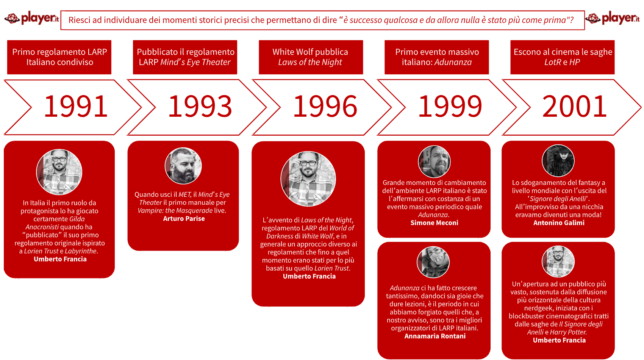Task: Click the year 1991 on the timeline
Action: tap(76, 106)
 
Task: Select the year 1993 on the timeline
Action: tap(200, 106)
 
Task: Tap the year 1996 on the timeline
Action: tap(325, 106)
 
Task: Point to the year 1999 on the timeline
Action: tap(450, 106)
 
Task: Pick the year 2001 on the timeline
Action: tap(574, 106)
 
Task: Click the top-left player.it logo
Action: tap(31, 18)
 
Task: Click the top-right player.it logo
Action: tap(613, 18)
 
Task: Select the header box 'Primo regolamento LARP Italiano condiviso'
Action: tap(59, 57)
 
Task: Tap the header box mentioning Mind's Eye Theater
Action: tap(185, 57)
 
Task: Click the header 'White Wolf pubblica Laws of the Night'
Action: tap(311, 57)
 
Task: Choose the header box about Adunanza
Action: tap(437, 57)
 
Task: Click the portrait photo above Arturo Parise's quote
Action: tap(183, 166)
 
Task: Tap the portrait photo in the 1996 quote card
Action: tap(308, 179)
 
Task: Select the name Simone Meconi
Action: tap(435, 223)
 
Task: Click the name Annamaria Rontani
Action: tap(435, 336)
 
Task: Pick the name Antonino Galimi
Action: tap(559, 223)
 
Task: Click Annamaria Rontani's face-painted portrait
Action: tap(433, 262)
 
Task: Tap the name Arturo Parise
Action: tap(184, 219)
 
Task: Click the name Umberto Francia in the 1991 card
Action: tap(60, 259)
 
